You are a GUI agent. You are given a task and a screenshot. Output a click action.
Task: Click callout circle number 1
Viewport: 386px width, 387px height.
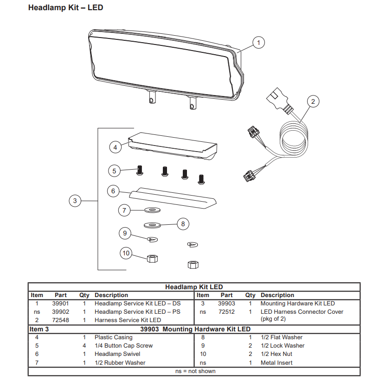pos(258,43)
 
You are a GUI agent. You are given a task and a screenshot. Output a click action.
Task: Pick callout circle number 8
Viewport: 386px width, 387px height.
pos(183,224)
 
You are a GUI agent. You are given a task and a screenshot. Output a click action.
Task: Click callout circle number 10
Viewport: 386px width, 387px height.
pos(126,253)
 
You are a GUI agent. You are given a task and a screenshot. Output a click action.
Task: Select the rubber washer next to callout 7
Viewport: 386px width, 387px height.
pos(151,210)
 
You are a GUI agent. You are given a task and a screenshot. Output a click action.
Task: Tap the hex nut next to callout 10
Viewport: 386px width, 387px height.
pos(151,258)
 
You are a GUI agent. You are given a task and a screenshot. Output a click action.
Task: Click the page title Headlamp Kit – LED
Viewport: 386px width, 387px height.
pos(65,8)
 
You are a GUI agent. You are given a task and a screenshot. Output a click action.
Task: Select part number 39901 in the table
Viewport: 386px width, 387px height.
pos(60,304)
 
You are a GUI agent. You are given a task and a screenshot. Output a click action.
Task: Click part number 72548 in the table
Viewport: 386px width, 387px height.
pos(60,320)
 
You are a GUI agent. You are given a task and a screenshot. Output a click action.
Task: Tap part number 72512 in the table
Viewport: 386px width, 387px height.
pos(226,312)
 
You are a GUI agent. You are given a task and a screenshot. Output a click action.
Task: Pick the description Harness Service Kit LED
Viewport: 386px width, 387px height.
pos(128,320)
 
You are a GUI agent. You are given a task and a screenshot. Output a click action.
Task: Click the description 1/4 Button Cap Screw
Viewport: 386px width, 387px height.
pos(123,346)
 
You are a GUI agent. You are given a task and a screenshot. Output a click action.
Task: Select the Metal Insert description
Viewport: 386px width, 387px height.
pos(277,362)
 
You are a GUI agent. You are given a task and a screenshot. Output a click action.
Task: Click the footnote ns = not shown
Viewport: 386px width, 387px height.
pos(195,371)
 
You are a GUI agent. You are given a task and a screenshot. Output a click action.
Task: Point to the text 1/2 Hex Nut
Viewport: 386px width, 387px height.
pos(277,354)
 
